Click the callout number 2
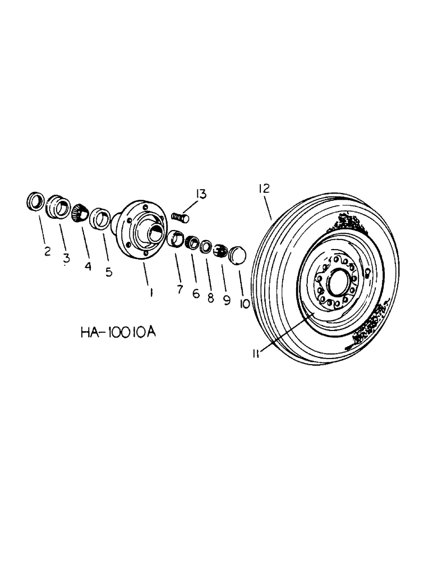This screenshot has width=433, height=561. pos(48,252)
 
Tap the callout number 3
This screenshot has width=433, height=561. pos(67,258)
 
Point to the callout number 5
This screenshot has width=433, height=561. pos(109,272)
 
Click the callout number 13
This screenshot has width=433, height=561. pos(201,194)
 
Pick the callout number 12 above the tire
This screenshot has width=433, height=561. pos(264,189)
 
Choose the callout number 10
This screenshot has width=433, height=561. pos(245,304)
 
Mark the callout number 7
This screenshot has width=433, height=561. pos(179,289)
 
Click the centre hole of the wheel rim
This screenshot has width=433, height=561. pos(338,283)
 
